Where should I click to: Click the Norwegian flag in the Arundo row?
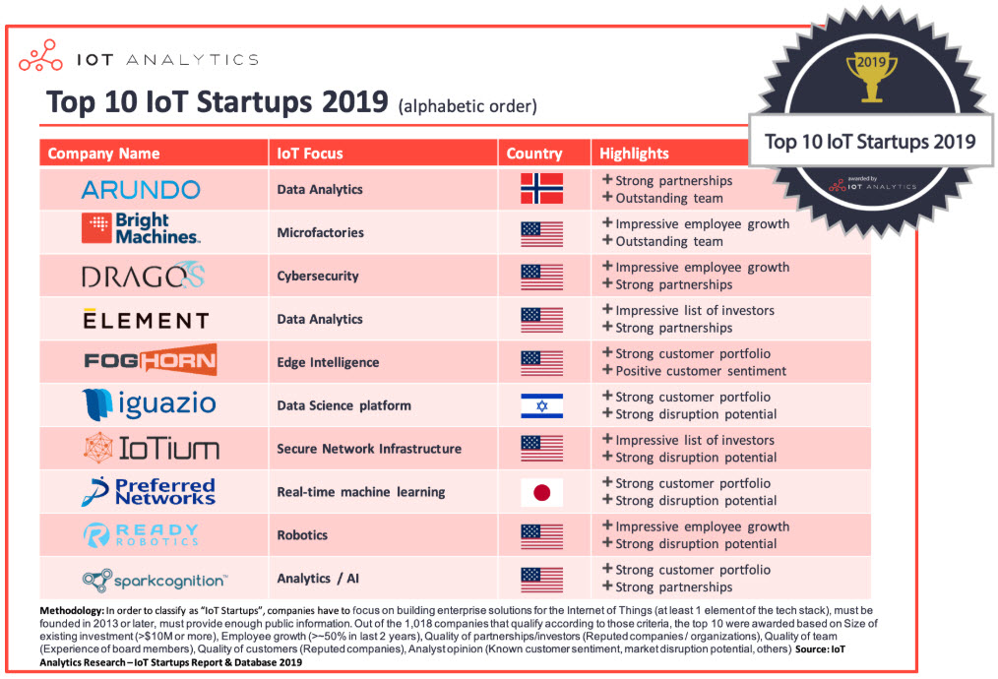pyautogui.click(x=541, y=189)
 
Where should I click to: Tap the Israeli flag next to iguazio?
pyautogui.click(x=541, y=405)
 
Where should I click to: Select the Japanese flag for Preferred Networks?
pyautogui.click(x=541, y=492)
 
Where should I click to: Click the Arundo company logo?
pyautogui.click(x=141, y=189)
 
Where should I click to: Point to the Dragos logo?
pyautogui.click(x=144, y=277)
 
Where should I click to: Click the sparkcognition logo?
pyautogui.click(x=155, y=581)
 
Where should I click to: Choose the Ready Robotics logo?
pyautogui.click(x=142, y=535)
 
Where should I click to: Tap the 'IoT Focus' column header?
pyautogui.click(x=310, y=154)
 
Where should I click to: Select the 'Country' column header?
pyautogui.click(x=534, y=154)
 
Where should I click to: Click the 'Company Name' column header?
pyautogui.click(x=103, y=154)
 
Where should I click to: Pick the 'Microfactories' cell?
pyautogui.click(x=320, y=232)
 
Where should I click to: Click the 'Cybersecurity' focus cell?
pyautogui.click(x=318, y=276)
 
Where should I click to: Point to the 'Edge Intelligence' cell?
pyautogui.click(x=328, y=362)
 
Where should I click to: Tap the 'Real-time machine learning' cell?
pyautogui.click(x=361, y=492)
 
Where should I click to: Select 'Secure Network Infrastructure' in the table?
pyautogui.click(x=369, y=449)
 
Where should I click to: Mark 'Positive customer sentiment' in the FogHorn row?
pyautogui.click(x=700, y=371)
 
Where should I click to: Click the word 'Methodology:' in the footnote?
pyautogui.click(x=79, y=611)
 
